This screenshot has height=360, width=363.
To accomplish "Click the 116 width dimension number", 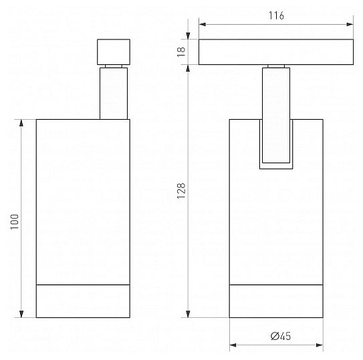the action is click(276, 15).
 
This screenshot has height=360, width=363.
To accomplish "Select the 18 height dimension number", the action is click(181, 52).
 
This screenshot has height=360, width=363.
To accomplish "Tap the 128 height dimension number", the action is click(181, 191).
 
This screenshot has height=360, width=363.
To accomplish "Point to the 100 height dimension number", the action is click(15, 221).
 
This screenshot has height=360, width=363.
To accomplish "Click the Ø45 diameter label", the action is click(281, 336).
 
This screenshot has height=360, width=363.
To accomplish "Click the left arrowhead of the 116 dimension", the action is click(203, 24).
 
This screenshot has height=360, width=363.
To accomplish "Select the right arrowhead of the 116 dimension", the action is click(350, 24).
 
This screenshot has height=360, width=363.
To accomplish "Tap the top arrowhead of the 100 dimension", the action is click(21, 122).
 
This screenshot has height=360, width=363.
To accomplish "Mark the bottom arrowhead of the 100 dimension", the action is click(21, 314).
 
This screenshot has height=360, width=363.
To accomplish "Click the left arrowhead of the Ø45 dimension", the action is click(233, 345).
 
